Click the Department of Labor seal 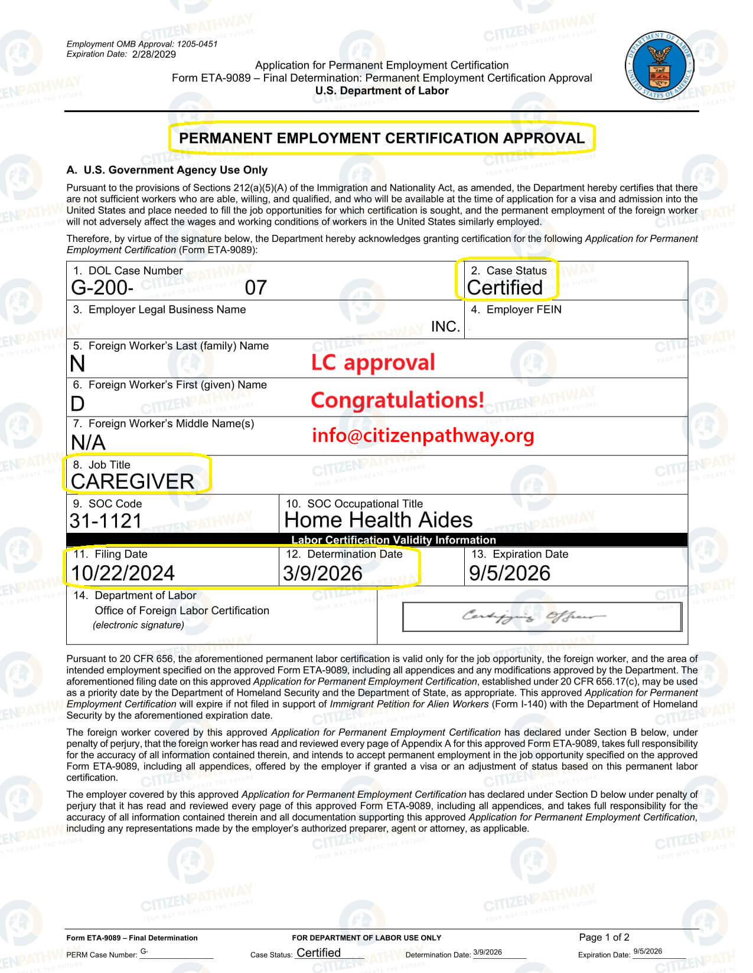tap(659, 65)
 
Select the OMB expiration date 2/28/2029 tap(154, 54)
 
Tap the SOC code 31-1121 tap(106, 520)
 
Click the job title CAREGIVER tap(132, 481)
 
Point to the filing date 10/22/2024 tap(123, 573)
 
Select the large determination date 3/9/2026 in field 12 tap(322, 573)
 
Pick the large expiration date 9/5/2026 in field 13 tap(509, 573)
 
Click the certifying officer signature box tap(542, 617)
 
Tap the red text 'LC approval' tap(373, 362)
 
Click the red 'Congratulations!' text tap(397, 400)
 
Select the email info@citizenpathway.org tap(423, 435)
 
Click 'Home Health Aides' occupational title tap(379, 520)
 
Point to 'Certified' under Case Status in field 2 tap(504, 287)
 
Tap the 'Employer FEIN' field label tap(523, 309)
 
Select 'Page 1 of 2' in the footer tap(604, 937)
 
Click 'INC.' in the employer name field tap(445, 326)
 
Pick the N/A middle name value tap(88, 442)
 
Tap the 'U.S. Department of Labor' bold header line tap(382, 90)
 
